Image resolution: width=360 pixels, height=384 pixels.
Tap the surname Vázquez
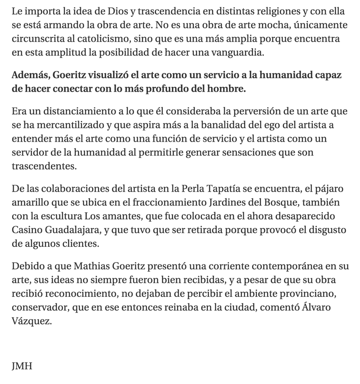click(31, 322)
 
